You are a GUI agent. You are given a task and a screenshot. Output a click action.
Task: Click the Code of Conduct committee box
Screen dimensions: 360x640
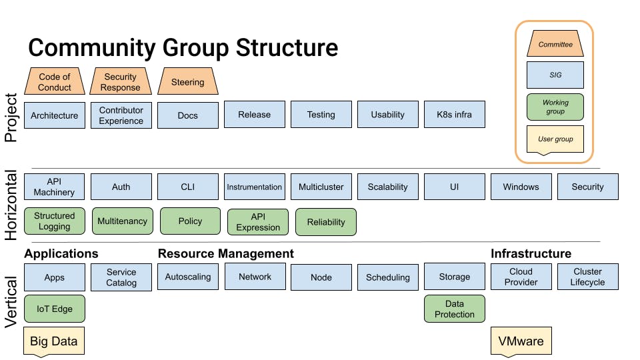pyautogui.click(x=55, y=82)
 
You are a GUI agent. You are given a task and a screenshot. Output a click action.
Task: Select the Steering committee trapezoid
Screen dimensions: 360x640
pyautogui.click(x=188, y=82)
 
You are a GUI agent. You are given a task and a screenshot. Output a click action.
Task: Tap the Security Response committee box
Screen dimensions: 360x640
pyautogui.click(x=121, y=82)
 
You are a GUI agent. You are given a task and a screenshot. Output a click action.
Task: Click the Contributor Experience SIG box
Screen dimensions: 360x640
pyautogui.click(x=121, y=115)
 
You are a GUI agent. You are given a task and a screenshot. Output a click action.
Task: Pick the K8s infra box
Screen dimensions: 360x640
pyautogui.click(x=454, y=115)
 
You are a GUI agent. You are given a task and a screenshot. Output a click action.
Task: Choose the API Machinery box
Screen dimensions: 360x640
pyautogui.click(x=55, y=187)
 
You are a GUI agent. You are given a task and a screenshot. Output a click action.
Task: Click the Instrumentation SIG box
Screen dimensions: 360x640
pyautogui.click(x=255, y=187)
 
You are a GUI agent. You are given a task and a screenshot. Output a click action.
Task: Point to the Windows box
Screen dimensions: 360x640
pyautogui.click(x=521, y=187)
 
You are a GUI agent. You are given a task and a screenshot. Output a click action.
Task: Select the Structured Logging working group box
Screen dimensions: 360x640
pyautogui.click(x=55, y=221)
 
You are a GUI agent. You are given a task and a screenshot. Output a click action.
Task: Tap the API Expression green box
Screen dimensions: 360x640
pyautogui.click(x=258, y=222)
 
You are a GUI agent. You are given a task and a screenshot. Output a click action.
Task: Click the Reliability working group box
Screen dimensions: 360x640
pyautogui.click(x=326, y=222)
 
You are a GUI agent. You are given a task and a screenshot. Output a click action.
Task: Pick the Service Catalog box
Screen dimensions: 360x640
pyautogui.click(x=121, y=277)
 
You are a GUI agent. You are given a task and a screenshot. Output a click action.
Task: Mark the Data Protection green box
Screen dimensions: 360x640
pyautogui.click(x=454, y=309)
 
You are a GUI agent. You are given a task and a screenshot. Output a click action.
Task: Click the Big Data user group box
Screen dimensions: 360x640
pyautogui.click(x=54, y=341)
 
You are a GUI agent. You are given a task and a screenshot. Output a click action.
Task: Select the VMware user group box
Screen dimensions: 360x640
pyautogui.click(x=521, y=341)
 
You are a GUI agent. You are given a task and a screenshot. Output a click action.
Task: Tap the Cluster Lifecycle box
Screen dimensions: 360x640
pyautogui.click(x=587, y=277)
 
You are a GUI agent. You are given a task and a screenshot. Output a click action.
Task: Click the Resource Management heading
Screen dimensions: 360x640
pyautogui.click(x=225, y=254)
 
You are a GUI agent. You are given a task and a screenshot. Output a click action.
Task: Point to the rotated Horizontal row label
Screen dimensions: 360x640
pyautogui.click(x=11, y=204)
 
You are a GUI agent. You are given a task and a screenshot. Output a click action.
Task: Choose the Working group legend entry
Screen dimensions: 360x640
pyautogui.click(x=555, y=107)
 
